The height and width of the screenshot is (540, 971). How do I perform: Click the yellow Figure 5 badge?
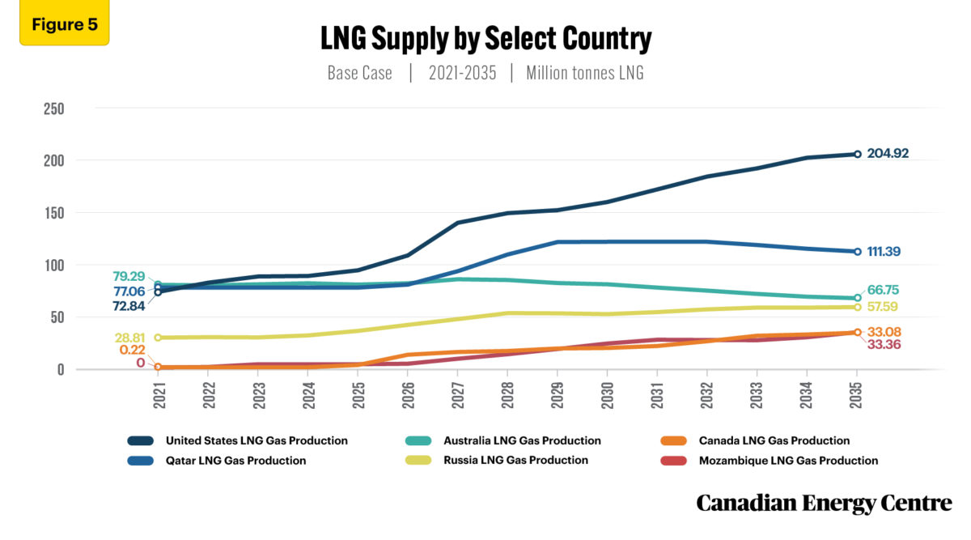point(64,24)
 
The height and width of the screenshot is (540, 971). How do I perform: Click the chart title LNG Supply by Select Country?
point(485,38)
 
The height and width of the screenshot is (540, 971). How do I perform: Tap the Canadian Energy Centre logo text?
point(824,503)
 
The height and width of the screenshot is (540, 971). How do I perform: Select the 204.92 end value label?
point(894,153)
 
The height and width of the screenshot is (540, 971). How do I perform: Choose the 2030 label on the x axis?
point(607,396)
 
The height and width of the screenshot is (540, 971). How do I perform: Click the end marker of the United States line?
point(858,154)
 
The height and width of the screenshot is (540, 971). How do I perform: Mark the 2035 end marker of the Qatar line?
point(858,252)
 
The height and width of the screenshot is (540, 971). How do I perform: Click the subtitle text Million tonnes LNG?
point(585,73)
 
